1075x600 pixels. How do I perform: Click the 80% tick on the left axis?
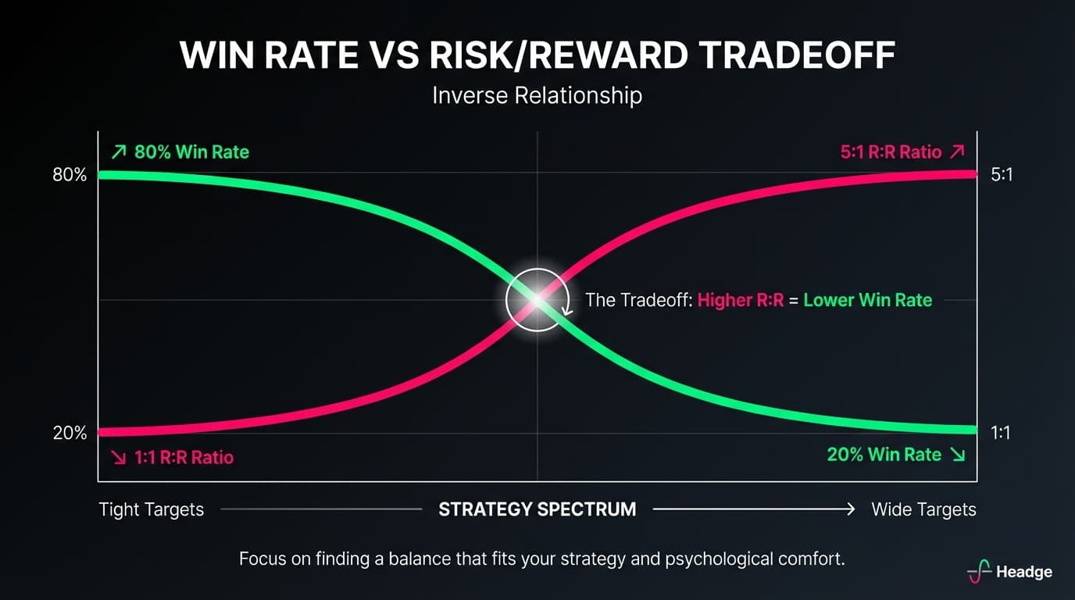click(70, 175)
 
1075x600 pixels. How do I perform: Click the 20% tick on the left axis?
click(70, 433)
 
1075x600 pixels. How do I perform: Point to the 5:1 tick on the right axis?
click(1002, 175)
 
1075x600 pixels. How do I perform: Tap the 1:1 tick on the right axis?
click(1001, 432)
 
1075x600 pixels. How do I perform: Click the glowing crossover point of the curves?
click(537, 299)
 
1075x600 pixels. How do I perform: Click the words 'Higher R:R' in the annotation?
click(740, 300)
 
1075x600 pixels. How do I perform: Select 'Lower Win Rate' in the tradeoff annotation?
click(867, 300)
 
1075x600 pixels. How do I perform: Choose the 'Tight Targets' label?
click(152, 509)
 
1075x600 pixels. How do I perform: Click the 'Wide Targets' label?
click(923, 509)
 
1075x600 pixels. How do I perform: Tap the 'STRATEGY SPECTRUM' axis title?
click(537, 509)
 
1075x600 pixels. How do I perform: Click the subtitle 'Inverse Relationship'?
click(537, 95)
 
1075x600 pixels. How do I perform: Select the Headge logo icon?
click(979, 572)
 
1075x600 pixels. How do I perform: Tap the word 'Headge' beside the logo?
click(1024, 572)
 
